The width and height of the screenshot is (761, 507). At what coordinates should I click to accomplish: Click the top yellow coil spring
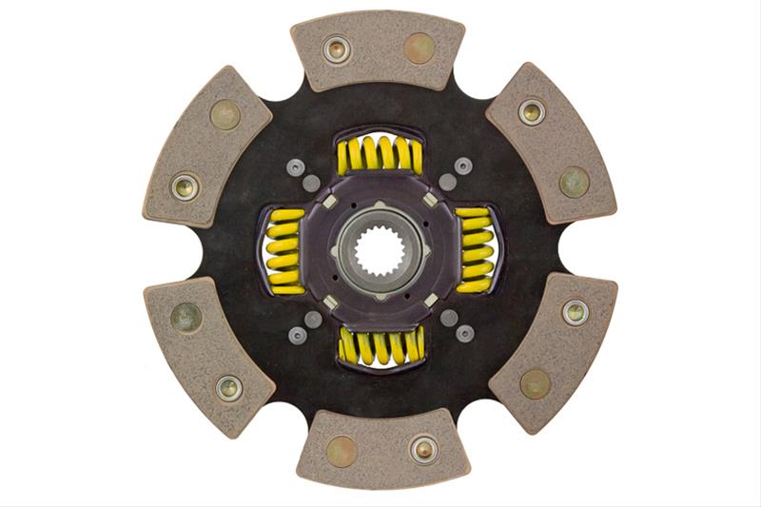click(x=380, y=154)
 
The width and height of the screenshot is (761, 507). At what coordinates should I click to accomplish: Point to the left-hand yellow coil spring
click(x=284, y=251)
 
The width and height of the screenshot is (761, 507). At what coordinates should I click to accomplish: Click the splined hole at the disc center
click(x=380, y=251)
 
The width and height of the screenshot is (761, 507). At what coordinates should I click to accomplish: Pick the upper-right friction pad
click(x=552, y=143)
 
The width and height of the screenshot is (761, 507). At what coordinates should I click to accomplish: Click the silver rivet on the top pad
click(x=336, y=49)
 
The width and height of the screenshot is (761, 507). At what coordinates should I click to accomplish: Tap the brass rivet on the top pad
click(x=419, y=47)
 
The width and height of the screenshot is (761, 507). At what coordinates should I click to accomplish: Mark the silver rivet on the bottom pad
click(x=423, y=449)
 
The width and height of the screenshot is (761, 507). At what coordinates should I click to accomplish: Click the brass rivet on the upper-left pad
click(x=225, y=114)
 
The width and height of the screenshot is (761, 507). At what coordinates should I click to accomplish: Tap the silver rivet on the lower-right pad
click(x=575, y=311)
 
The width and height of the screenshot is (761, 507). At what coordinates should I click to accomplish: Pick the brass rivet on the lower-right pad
click(x=535, y=383)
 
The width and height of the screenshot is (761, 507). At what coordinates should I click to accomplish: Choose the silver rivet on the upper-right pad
click(x=532, y=112)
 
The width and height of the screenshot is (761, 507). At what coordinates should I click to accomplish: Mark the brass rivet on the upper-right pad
click(x=574, y=182)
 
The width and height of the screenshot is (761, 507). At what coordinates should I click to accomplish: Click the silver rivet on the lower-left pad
click(x=228, y=386)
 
